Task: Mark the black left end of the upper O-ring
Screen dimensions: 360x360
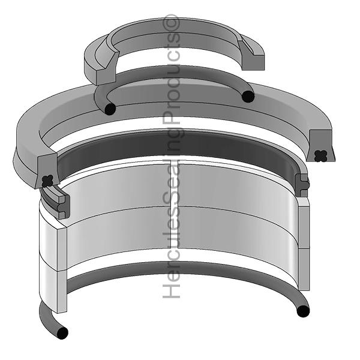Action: [x=110, y=109]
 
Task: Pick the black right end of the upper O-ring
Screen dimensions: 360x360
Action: [x=248, y=96]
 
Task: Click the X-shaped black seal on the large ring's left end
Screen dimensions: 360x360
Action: [x=49, y=179]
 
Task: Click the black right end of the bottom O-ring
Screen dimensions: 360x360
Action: [x=303, y=312]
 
